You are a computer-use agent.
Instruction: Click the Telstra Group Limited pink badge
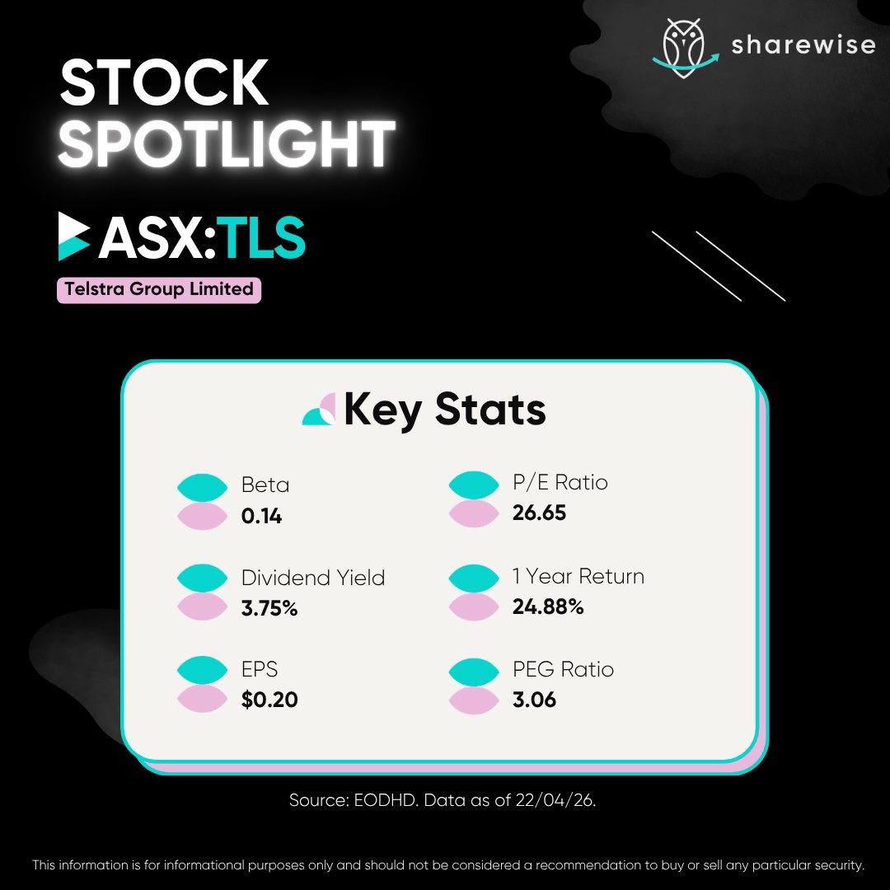click(159, 289)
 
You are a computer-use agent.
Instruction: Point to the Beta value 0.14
click(261, 517)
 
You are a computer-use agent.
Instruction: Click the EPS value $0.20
click(269, 700)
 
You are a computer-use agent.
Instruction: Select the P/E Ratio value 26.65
click(539, 513)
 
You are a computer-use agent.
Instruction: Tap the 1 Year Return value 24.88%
click(548, 607)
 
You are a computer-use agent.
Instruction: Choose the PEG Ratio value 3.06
click(534, 700)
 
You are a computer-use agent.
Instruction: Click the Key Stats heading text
click(444, 410)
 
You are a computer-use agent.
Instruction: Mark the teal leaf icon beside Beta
click(202, 486)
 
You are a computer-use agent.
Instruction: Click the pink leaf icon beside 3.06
click(473, 700)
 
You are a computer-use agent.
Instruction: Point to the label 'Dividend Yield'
click(313, 578)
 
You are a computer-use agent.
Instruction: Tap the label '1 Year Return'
click(578, 576)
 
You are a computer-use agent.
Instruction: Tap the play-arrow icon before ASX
click(74, 237)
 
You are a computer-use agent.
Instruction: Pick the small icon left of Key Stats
click(319, 410)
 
